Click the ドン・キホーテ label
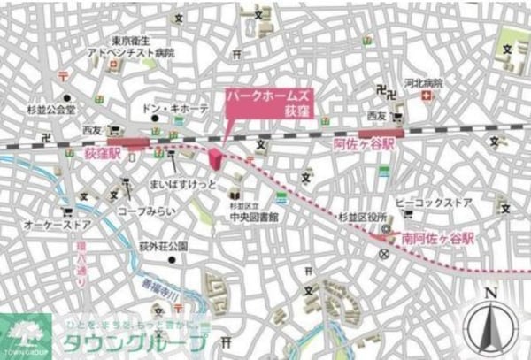[x=176, y=107]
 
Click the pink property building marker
[x=215, y=160]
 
